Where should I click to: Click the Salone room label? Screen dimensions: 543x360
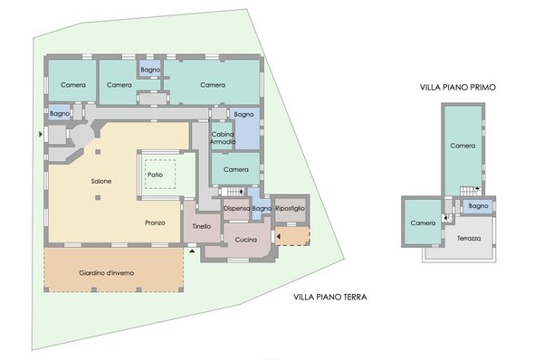101,181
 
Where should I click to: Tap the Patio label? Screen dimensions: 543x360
155,175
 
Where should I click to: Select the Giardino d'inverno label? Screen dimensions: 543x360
106,273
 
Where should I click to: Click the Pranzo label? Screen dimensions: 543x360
155,223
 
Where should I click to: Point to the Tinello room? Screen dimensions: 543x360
202,226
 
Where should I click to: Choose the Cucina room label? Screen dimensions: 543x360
246,240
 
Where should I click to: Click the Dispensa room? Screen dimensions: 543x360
236,208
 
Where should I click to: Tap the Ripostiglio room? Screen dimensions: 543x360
290,208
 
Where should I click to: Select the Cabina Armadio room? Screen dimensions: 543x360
223,138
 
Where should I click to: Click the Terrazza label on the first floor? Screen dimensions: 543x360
469,238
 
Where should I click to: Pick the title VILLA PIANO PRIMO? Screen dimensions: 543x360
458,87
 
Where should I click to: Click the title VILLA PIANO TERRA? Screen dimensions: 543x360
330,297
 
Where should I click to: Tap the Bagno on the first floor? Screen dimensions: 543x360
478,206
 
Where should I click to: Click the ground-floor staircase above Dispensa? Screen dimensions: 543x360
232,191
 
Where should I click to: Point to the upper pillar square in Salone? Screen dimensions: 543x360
98,152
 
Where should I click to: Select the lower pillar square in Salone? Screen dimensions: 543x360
98,198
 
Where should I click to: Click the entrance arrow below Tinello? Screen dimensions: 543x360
192,251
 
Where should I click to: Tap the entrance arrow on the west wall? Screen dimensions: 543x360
41,134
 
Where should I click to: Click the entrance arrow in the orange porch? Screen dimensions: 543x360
279,237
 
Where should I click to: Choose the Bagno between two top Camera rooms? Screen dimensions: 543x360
150,70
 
